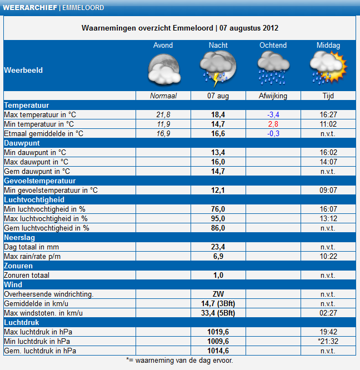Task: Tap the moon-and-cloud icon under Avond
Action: point(164,69)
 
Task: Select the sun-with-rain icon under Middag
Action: point(328,68)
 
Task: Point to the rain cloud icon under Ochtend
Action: point(273,68)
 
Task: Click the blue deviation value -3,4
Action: point(273,114)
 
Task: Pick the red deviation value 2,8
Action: point(273,124)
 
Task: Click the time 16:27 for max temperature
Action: point(328,114)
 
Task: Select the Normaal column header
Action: point(163,96)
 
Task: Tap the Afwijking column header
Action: point(273,96)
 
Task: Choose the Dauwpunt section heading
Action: point(22,143)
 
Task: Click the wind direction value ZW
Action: point(218,294)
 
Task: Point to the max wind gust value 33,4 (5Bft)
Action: point(218,313)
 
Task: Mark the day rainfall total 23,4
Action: point(218,247)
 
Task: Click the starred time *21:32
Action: point(328,341)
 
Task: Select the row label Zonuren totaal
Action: point(27,275)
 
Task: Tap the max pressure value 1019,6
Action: point(218,332)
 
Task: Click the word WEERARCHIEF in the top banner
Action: point(30,8)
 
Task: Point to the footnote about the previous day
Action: point(179,361)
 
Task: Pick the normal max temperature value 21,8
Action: point(163,114)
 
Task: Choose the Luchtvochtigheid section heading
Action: point(34,199)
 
